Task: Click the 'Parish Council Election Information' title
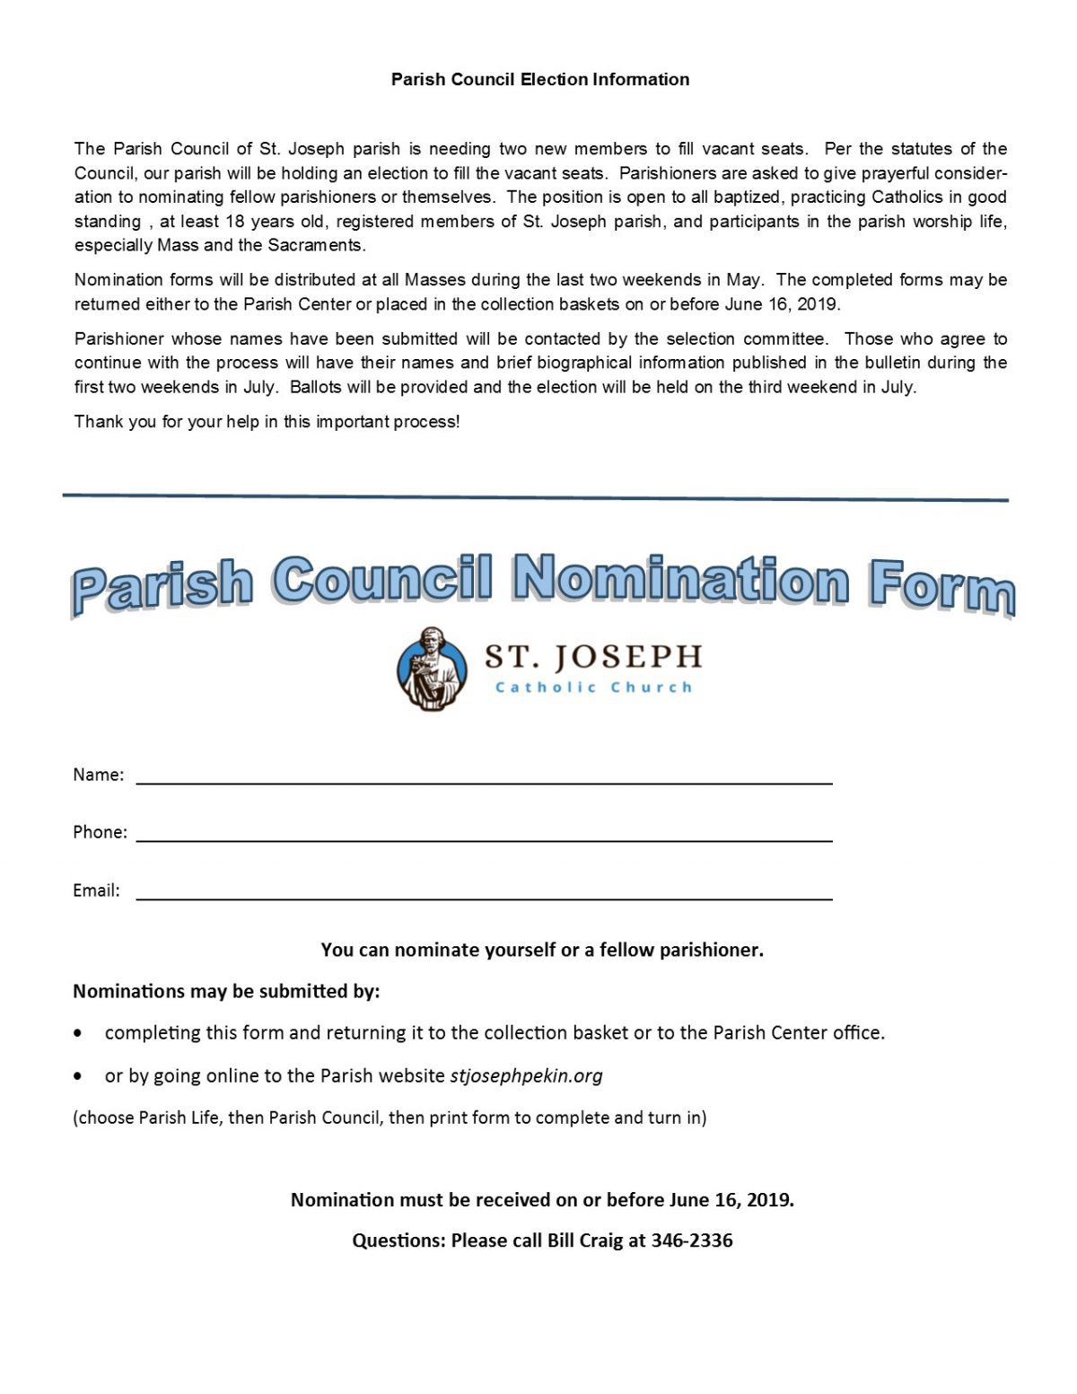539,80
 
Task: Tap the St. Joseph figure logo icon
433,669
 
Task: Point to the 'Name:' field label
98,775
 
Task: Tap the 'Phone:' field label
100,832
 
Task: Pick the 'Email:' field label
96,890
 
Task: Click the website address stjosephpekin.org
526,1075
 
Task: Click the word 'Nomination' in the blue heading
680,579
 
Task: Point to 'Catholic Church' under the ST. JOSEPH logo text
593,688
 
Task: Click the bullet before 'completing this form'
81,1034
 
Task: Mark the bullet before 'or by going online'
81,1076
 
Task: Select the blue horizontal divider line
535,497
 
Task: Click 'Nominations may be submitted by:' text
226,991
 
